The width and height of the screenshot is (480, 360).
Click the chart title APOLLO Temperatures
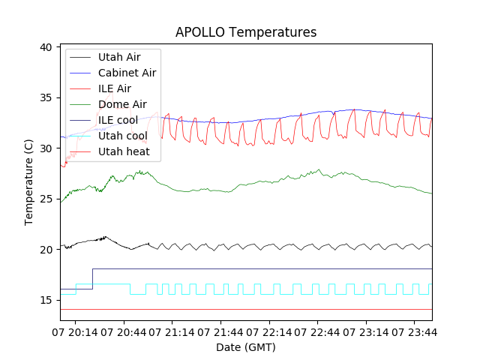coord(246,32)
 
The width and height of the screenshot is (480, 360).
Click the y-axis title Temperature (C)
coord(29,182)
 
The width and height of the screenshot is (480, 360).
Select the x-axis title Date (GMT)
coord(246,347)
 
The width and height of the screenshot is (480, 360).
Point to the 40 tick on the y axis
coord(45,47)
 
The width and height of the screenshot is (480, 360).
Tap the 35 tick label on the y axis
coord(45,98)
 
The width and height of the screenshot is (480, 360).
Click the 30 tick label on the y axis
coord(45,148)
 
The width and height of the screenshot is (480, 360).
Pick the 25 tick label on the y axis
coord(45,199)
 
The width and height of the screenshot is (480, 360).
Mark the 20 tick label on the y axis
coord(45,250)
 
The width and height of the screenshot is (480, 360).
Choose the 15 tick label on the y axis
coord(45,300)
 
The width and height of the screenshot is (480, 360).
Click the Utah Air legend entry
coord(119,57)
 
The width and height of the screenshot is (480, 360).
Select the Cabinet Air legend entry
coord(127,73)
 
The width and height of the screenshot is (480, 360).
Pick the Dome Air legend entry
coord(122,104)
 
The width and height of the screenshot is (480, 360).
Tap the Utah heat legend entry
coord(124,151)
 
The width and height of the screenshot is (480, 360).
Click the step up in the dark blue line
coord(92,278)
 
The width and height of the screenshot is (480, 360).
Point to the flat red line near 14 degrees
coord(247,309)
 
